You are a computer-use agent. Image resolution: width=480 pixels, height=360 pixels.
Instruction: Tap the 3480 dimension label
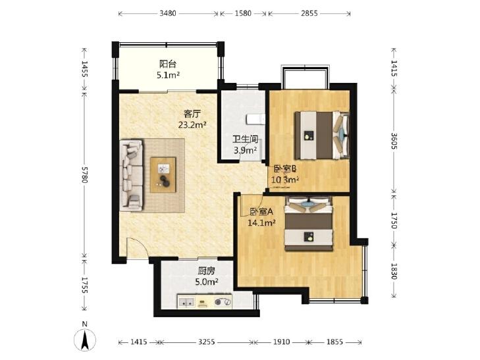tap(168, 13)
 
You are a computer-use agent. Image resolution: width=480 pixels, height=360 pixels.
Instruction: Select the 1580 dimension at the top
tap(243, 13)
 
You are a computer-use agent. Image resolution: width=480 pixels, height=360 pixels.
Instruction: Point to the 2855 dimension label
tap(309, 13)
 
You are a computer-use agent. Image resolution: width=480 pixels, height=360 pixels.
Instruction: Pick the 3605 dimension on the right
tap(394, 141)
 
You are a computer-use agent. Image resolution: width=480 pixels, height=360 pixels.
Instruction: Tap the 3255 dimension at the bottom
tap(206, 342)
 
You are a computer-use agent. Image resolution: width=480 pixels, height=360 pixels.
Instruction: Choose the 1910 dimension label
tap(281, 342)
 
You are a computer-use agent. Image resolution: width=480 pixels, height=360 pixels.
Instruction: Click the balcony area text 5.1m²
tap(168, 75)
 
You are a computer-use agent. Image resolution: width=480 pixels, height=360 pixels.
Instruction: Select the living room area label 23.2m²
tap(192, 125)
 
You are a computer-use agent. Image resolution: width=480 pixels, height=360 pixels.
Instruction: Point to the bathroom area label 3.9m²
tap(245, 151)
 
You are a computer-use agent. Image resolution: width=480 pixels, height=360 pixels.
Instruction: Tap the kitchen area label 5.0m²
tap(207, 282)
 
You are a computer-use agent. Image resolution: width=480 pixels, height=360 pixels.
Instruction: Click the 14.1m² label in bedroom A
tap(261, 223)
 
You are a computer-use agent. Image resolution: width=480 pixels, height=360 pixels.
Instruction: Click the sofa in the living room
tap(132, 175)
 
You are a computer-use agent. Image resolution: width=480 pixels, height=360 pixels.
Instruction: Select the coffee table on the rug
tap(163, 175)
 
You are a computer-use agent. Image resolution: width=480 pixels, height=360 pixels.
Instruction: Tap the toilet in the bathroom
tap(256, 119)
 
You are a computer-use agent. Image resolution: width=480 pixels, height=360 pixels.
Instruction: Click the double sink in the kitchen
tap(186, 302)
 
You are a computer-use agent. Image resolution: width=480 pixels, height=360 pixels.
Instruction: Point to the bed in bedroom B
tap(322, 136)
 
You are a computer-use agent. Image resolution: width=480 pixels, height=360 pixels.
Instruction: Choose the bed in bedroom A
tap(309, 224)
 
